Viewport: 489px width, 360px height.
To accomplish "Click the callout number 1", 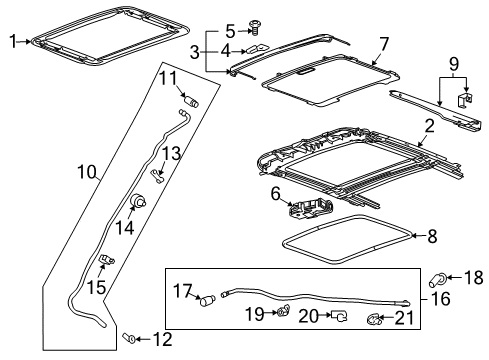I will click(12, 41).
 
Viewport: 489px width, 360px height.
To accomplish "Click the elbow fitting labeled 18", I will click(442, 278).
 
